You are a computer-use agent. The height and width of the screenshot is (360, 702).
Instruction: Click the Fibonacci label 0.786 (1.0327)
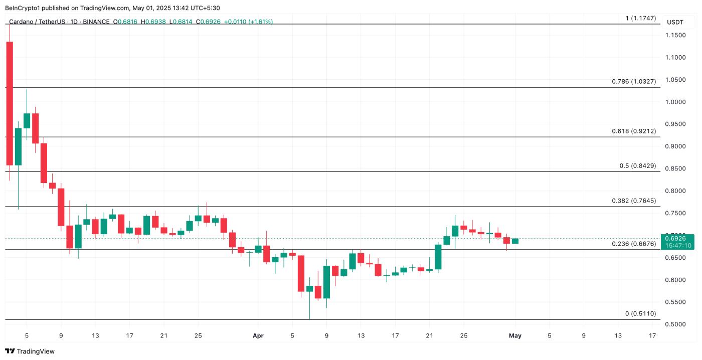(x=633, y=81)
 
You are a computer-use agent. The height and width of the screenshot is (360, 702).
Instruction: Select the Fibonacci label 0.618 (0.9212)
(x=633, y=131)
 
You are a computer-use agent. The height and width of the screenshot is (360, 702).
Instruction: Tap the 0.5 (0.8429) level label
(x=637, y=166)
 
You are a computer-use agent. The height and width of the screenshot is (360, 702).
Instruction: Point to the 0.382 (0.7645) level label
(x=633, y=201)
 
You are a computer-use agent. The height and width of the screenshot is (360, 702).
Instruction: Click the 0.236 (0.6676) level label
(x=633, y=244)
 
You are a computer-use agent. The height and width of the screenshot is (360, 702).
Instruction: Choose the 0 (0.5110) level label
(x=640, y=314)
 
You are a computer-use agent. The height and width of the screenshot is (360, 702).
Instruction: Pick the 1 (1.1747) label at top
(x=640, y=18)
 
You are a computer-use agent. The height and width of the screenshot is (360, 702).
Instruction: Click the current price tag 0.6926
(x=678, y=239)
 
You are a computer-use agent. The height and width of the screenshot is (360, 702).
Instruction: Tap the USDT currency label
(x=675, y=22)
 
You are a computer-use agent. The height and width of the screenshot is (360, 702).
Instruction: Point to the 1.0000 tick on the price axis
(x=675, y=102)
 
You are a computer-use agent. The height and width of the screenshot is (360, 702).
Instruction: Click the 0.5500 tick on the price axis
(x=675, y=302)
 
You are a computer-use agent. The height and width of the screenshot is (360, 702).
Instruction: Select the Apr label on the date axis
(x=258, y=335)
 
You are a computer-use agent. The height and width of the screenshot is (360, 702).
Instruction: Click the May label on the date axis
(x=515, y=335)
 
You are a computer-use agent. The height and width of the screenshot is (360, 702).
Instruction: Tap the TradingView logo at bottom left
(x=30, y=351)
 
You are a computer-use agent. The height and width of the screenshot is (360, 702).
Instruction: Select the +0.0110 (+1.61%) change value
(x=248, y=22)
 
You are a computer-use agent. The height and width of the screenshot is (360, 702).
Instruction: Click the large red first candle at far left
(x=10, y=103)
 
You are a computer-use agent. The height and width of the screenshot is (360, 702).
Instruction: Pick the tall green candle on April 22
(x=438, y=257)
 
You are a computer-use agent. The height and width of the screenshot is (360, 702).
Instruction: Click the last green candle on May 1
(x=515, y=241)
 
